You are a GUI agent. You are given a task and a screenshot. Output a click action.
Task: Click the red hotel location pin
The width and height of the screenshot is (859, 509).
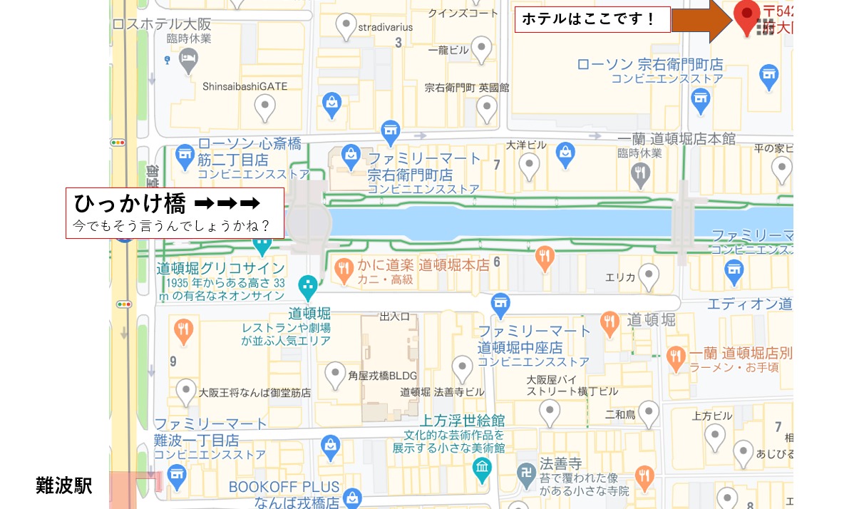pos(747,16)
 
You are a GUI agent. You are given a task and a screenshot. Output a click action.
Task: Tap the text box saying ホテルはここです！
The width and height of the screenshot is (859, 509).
pos(592,19)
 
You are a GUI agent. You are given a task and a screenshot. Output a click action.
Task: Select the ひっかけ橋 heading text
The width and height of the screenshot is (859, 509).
pos(130,204)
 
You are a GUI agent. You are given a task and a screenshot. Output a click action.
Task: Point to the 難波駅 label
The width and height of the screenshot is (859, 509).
pos(63,486)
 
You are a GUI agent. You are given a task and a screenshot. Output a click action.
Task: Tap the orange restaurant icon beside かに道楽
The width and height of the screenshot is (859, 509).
pos(344,269)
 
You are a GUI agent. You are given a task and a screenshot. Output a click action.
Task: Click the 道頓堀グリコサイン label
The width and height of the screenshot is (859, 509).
pos(221,269)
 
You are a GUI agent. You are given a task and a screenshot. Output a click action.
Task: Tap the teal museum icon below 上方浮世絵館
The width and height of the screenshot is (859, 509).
pos(483,468)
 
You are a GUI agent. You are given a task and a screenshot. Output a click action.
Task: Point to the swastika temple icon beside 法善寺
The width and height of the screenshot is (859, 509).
pos(526,475)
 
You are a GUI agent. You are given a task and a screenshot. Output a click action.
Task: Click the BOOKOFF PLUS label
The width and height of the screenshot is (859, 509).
pos(284,488)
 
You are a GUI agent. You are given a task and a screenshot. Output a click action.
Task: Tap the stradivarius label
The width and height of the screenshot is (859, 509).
pos(386,28)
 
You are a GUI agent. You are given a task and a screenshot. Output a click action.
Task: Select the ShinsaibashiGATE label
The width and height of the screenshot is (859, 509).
pos(245,86)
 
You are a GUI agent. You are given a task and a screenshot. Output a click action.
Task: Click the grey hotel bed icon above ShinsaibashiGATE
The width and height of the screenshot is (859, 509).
pos(188,60)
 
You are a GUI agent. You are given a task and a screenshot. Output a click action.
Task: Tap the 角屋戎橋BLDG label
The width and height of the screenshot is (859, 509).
pos(382,376)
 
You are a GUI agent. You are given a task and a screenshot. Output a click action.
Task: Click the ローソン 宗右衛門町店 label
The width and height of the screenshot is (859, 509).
pos(650,65)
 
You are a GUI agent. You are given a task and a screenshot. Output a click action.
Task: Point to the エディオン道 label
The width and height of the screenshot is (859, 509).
pos(749,304)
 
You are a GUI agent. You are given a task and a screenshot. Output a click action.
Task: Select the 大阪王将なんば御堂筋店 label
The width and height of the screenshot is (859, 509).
pos(254,392)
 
